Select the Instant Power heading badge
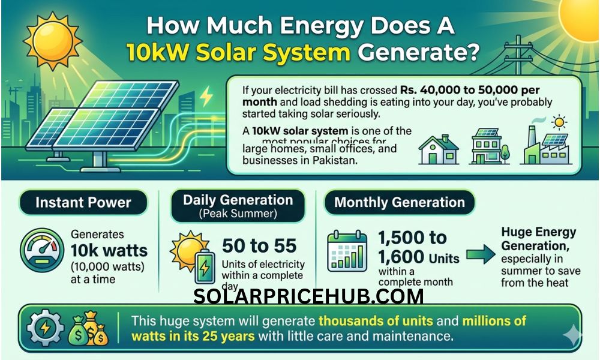click(83, 202)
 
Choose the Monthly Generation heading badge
click(400, 202)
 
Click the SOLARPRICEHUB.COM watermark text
click(308, 296)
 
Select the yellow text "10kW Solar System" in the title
click(238, 52)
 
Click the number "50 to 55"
click(259, 246)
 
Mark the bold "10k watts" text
click(109, 250)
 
